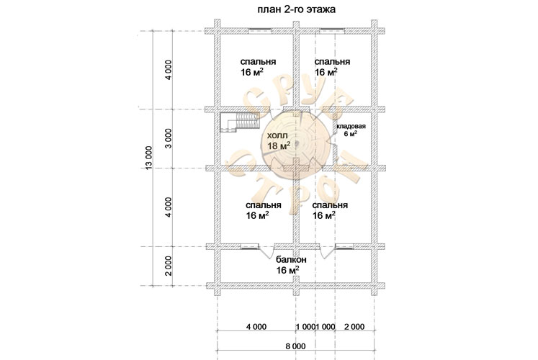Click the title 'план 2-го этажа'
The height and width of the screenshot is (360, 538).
(x=297, y=9)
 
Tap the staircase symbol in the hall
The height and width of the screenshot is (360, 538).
(x=239, y=122)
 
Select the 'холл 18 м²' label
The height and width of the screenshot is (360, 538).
(x=279, y=141)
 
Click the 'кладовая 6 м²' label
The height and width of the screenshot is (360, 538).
(x=351, y=130)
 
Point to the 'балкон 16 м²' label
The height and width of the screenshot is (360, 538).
(x=291, y=265)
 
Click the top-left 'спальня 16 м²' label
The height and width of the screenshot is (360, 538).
(x=258, y=67)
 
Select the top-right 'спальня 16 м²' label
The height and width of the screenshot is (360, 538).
(x=332, y=67)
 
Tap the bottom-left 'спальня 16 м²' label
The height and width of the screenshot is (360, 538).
(x=263, y=210)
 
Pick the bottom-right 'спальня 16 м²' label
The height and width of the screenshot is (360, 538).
(x=330, y=210)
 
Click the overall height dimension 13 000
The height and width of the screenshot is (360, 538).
(x=148, y=158)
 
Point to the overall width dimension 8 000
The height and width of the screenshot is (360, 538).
(x=295, y=346)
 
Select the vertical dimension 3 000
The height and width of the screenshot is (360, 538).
(x=168, y=139)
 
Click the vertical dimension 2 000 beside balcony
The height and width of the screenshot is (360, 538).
(x=168, y=266)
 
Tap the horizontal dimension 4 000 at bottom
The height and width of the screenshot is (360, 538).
(x=256, y=327)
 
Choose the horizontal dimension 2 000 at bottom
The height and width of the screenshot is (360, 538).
(x=354, y=327)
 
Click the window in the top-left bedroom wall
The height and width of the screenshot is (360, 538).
(x=260, y=31)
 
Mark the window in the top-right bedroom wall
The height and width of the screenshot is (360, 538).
(x=332, y=31)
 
